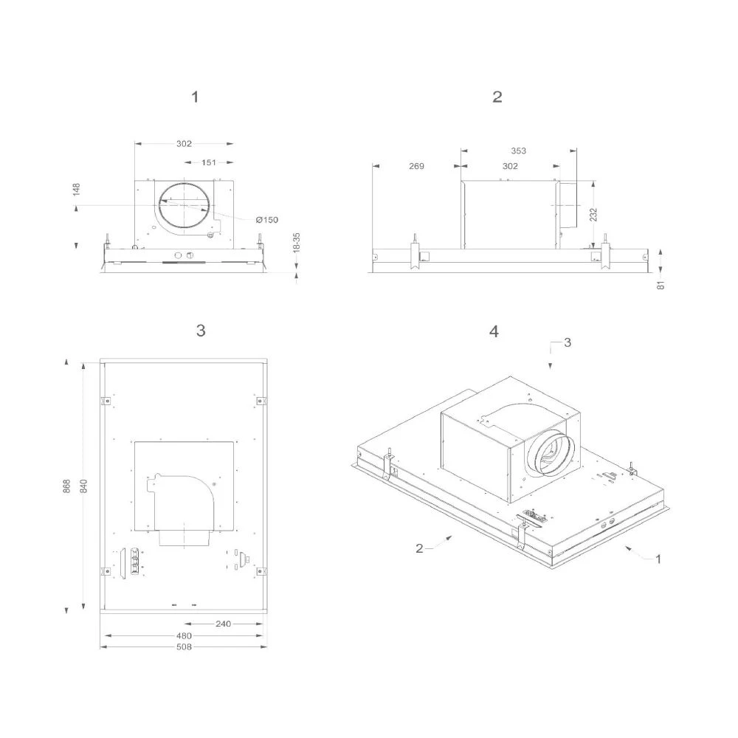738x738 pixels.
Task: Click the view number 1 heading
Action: [x=195, y=97]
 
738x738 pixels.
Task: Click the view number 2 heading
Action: [x=497, y=97]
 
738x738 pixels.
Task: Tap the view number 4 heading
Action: [x=494, y=331]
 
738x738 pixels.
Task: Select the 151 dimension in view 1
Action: [x=209, y=163]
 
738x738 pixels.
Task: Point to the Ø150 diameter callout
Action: [x=267, y=219]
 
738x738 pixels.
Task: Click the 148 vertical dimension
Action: [x=77, y=190]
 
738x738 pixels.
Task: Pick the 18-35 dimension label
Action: [x=297, y=243]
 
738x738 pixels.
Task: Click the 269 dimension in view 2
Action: [x=416, y=167]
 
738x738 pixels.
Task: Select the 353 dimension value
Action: [x=518, y=151]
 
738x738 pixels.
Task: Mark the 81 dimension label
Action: [x=661, y=283]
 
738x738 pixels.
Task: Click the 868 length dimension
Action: [x=66, y=486]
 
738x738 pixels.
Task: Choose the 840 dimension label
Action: [x=84, y=486]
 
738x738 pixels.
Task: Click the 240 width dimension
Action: [x=223, y=624]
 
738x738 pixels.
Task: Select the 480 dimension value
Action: [x=184, y=635]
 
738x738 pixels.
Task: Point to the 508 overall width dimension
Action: [x=184, y=647]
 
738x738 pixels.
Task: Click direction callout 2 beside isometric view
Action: [x=419, y=548]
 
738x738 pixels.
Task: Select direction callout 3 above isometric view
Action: [x=567, y=343]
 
